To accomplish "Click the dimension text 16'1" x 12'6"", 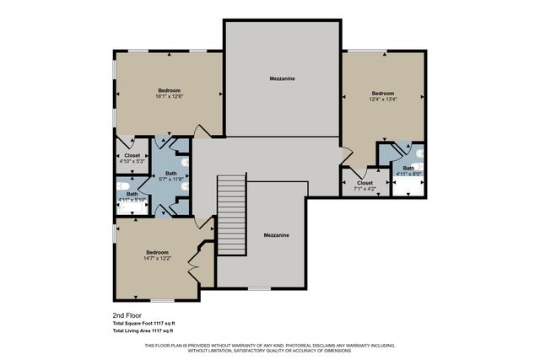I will tap(169, 98).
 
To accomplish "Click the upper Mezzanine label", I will tap(282, 78).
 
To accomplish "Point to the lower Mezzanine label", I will tap(276, 235).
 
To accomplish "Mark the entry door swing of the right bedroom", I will tap(348, 157).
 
